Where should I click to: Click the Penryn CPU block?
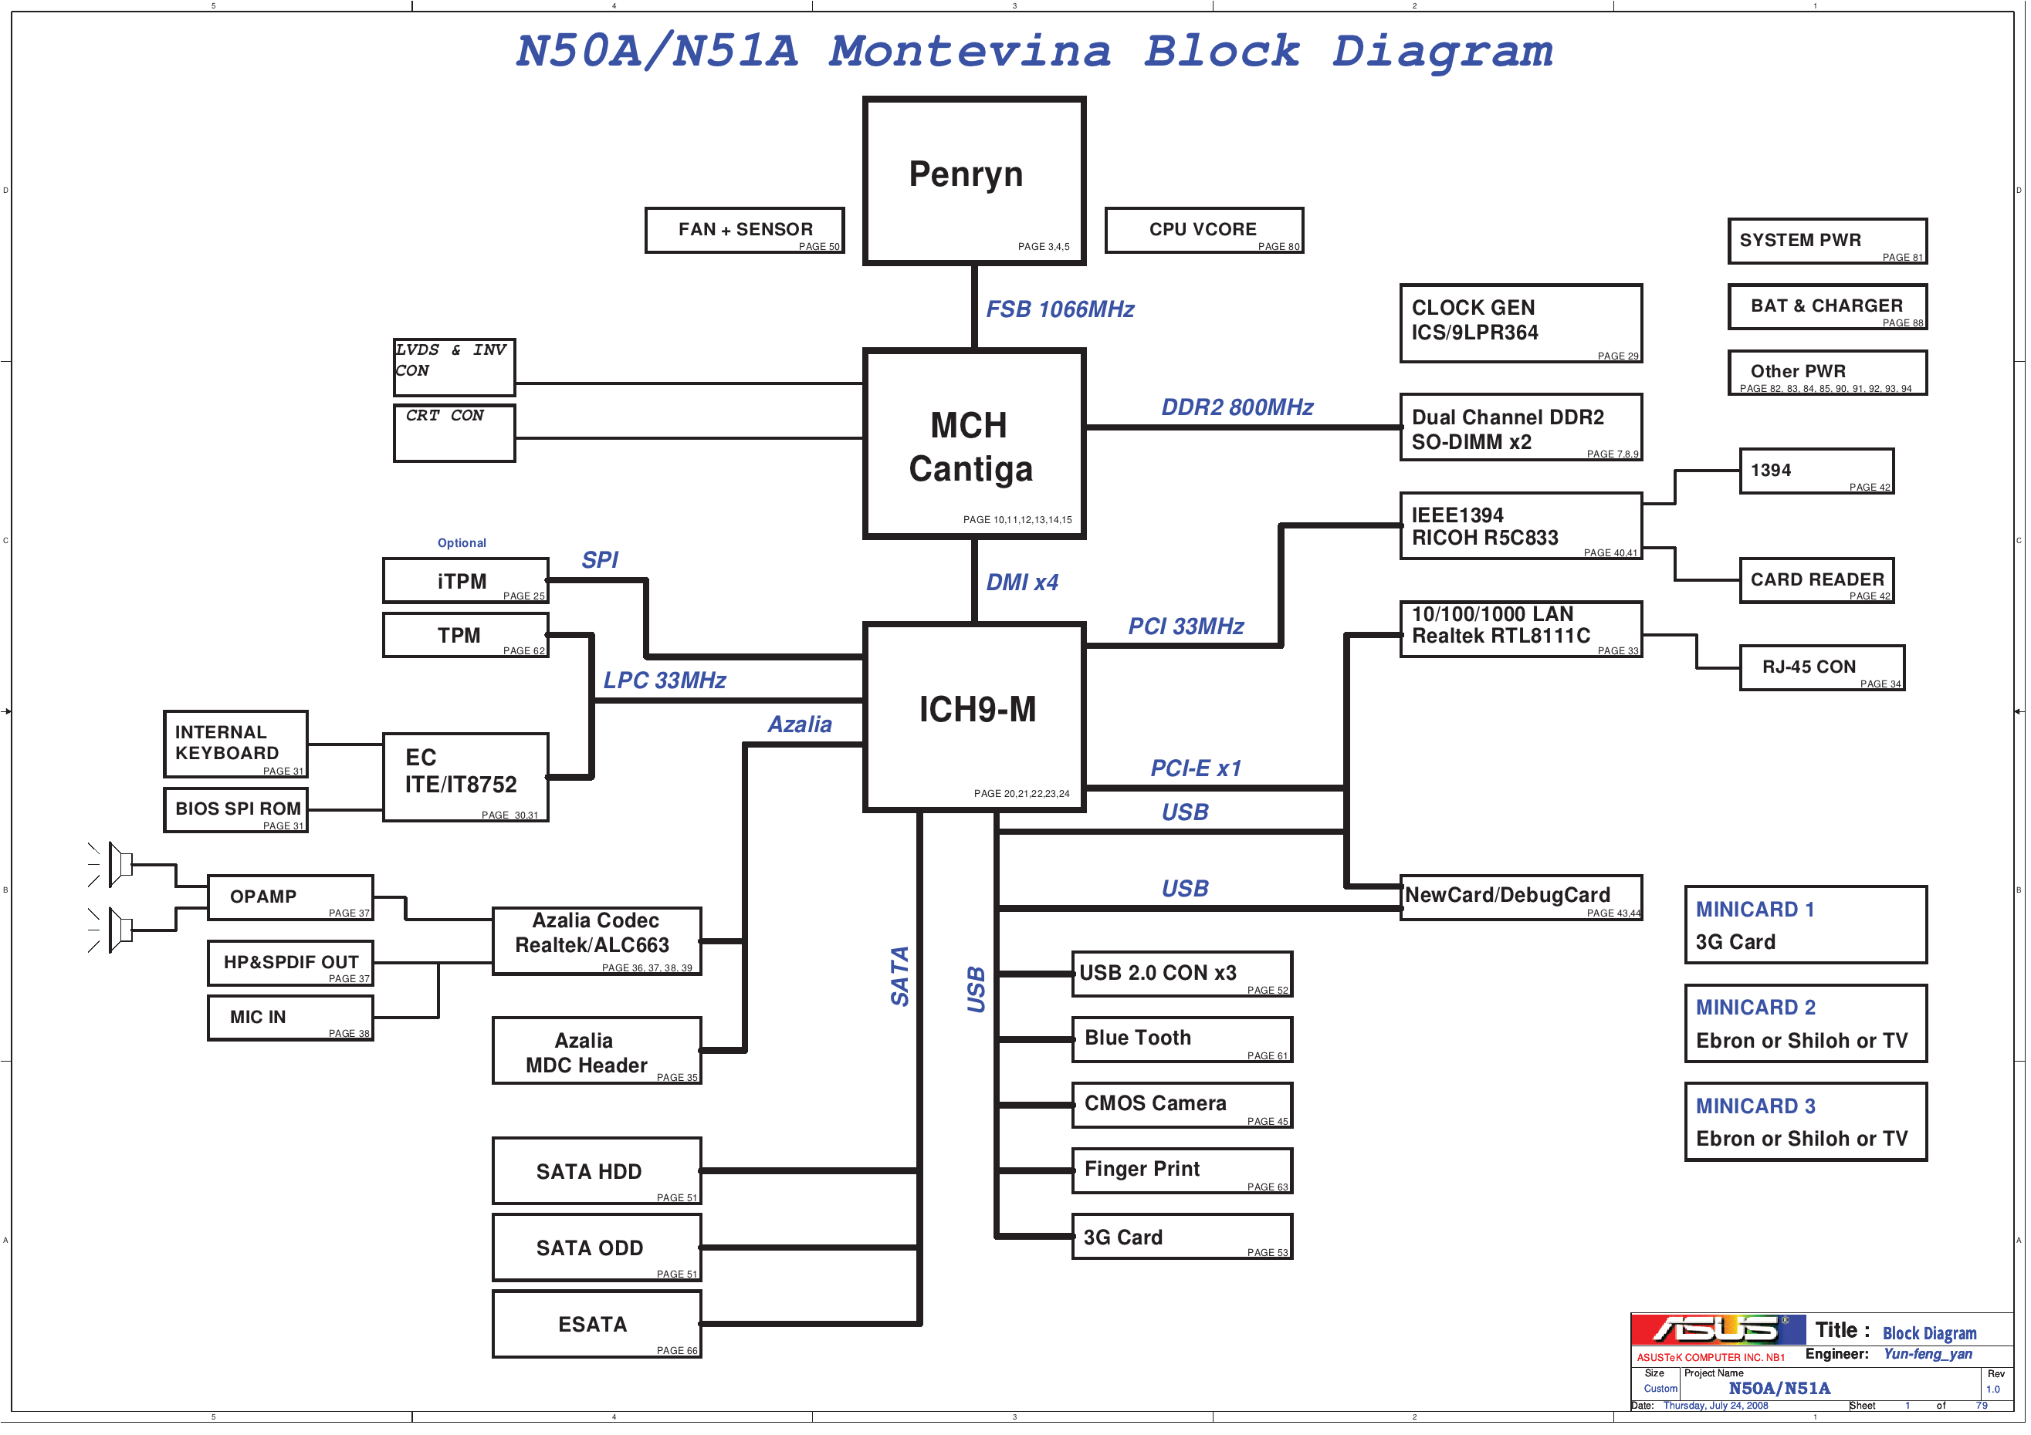click(974, 181)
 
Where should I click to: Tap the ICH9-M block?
click(974, 716)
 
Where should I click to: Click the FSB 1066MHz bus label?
click(1060, 309)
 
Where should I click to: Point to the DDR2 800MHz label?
click(1237, 407)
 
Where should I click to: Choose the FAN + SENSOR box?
click(745, 231)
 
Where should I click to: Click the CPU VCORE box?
click(1204, 231)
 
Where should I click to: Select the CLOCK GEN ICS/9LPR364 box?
click(1521, 323)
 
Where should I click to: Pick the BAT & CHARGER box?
click(1826, 307)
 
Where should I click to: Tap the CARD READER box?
click(1816, 581)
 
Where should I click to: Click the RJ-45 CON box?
click(1821, 667)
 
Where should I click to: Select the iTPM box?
click(465, 581)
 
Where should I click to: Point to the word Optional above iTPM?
click(462, 543)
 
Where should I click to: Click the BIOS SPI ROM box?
click(236, 810)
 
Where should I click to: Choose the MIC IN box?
click(290, 1018)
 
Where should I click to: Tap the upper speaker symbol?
click(120, 864)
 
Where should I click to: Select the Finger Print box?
click(1182, 1170)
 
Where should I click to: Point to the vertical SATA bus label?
click(899, 976)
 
